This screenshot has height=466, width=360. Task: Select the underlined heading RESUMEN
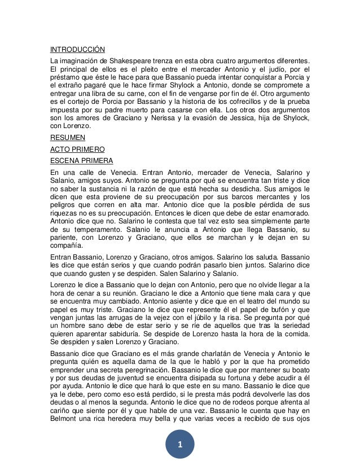[67, 137]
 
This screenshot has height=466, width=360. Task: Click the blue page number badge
[179, 446]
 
